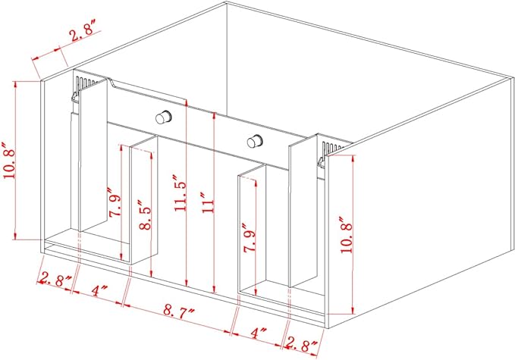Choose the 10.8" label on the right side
click(347, 246)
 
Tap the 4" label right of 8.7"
click(259, 333)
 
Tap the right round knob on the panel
click(256, 140)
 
